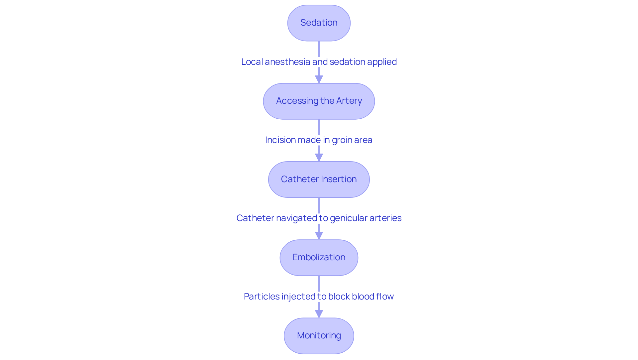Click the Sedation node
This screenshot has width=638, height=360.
[319, 23]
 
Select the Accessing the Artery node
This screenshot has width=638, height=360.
[319, 101]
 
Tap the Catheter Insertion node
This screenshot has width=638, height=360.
[319, 180]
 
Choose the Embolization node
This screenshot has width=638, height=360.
[319, 258]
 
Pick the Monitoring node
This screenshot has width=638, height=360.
[319, 336]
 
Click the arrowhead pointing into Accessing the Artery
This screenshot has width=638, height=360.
[319, 79]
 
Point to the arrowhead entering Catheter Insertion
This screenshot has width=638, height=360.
[319, 158]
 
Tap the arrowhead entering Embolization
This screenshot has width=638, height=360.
[319, 236]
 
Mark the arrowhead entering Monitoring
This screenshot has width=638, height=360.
[319, 314]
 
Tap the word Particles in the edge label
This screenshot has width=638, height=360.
[262, 297]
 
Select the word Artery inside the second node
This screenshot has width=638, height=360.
[349, 101]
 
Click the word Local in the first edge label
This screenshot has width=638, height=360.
[252, 62]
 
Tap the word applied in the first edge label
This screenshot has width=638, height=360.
[382, 62]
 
